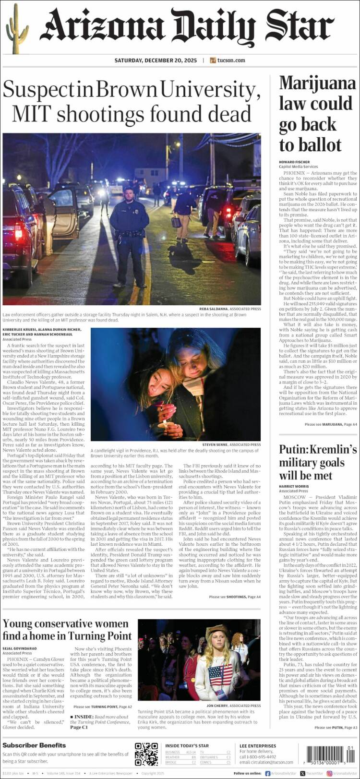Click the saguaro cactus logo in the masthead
(17, 29)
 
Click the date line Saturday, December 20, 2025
(156, 60)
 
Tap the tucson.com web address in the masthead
(231, 60)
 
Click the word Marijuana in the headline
(317, 83)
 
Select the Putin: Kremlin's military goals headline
(318, 462)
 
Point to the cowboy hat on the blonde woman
(216, 631)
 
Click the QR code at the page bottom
(146, 754)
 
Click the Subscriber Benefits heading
(34, 745)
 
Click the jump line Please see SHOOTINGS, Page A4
(235, 597)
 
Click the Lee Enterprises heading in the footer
(258, 745)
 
